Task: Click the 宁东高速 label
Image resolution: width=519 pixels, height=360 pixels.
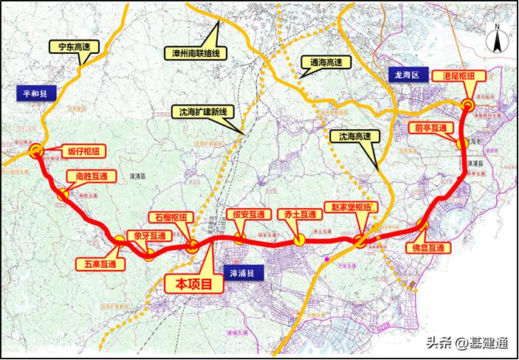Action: click(72, 46)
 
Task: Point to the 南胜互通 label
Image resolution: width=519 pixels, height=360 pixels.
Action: click(88, 177)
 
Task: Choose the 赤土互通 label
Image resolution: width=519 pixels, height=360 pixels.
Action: click(300, 214)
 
